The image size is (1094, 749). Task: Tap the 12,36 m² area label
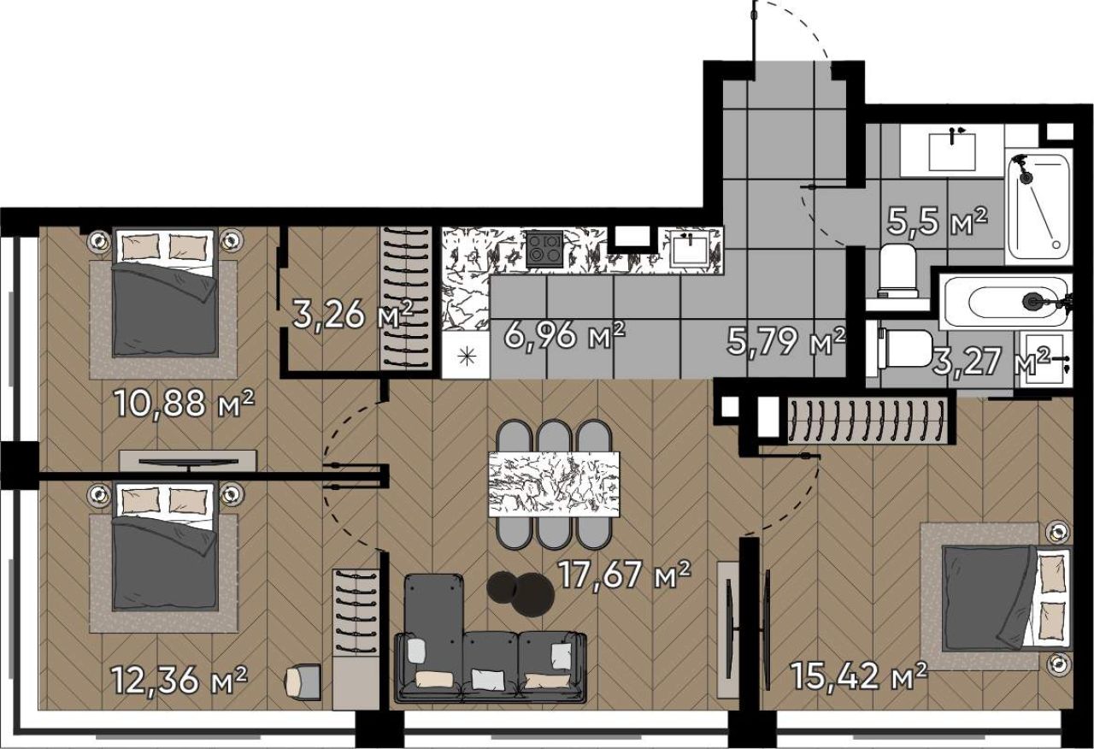[x=179, y=680]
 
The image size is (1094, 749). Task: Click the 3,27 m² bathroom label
[x=991, y=362]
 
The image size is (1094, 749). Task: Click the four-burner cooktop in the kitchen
[x=544, y=249]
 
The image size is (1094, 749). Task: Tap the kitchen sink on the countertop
[x=690, y=248]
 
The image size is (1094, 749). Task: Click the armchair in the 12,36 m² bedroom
[x=303, y=682]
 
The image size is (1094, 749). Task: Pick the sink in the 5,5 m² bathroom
[x=952, y=151]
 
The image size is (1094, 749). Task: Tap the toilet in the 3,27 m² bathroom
[x=905, y=348]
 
